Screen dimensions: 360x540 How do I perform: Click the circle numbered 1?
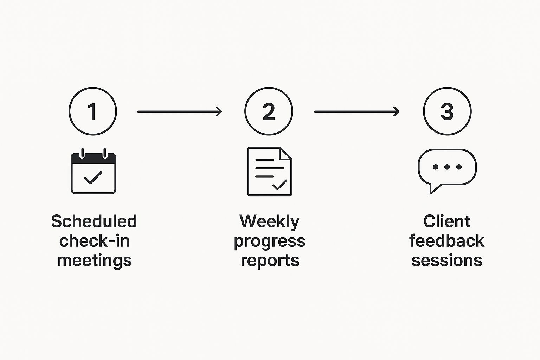pos(93,111)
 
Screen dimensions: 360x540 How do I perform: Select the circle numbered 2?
pos(269,111)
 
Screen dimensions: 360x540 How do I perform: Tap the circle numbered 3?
pos(447,111)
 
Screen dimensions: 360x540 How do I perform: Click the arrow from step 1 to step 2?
pos(179,111)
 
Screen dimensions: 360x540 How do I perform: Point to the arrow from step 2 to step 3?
pos(356,111)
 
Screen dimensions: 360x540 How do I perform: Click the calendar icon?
pos(94,172)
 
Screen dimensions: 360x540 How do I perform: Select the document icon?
pos(270,171)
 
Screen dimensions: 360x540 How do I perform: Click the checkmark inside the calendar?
pos(93,178)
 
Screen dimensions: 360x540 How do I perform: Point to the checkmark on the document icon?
pos(279,185)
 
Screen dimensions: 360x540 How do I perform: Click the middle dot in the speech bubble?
pos(447,167)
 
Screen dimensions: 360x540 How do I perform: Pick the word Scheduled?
pos(94,221)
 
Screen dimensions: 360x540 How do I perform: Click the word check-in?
pos(94,241)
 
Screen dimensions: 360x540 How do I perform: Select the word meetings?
pos(94,261)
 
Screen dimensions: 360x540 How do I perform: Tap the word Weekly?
pos(269,222)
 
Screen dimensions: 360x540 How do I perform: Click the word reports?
pos(270,261)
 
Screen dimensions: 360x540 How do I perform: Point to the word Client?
pos(447,221)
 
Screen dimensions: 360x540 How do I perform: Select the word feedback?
pos(446,241)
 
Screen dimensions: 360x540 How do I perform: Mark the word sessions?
pos(447,261)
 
